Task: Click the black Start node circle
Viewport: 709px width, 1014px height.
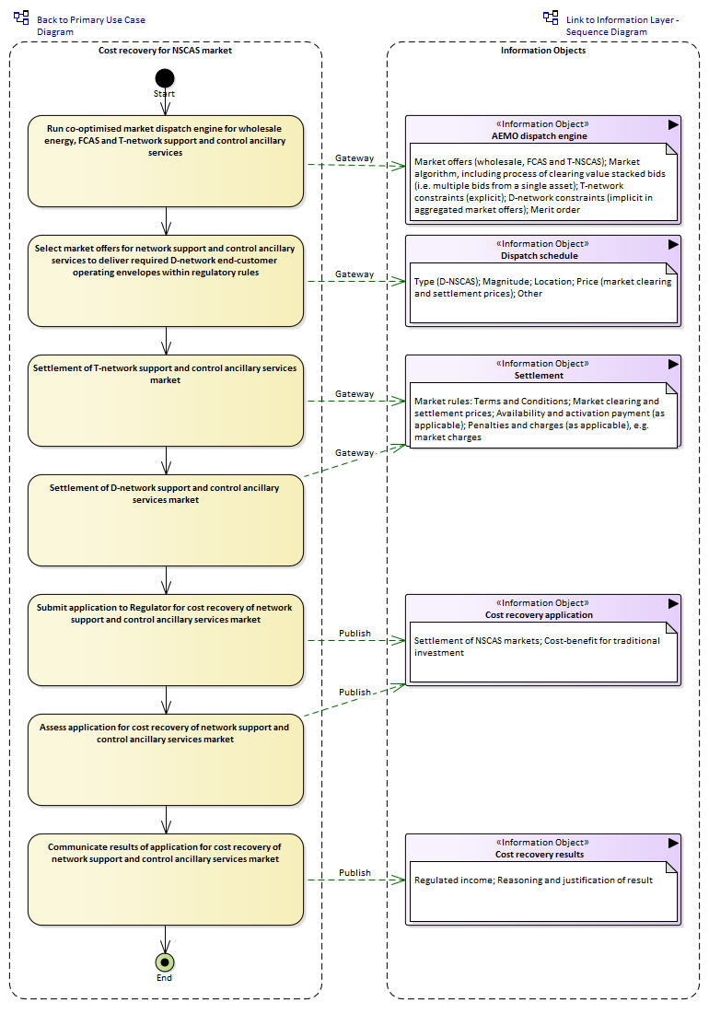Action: click(165, 78)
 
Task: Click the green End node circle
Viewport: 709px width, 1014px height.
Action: click(165, 962)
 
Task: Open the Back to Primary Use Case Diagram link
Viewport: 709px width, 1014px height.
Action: click(91, 26)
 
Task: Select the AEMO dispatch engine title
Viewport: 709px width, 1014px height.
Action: click(539, 135)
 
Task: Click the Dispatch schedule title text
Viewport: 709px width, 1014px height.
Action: click(539, 255)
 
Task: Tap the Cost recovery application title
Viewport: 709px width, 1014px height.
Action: click(539, 615)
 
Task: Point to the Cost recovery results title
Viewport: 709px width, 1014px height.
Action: click(539, 855)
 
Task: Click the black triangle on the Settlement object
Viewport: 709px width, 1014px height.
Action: click(673, 364)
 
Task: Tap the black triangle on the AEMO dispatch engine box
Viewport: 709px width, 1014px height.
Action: click(673, 125)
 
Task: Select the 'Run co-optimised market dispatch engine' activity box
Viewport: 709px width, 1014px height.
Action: click(166, 162)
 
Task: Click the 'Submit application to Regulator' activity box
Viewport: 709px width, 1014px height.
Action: click(166, 640)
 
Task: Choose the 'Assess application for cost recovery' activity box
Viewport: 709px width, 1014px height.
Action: click(166, 760)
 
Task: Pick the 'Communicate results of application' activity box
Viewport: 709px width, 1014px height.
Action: click(166, 880)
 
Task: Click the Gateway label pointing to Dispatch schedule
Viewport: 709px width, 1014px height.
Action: click(354, 274)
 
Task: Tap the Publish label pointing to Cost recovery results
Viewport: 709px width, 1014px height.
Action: click(354, 873)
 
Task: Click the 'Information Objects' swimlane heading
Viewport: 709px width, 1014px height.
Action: click(543, 51)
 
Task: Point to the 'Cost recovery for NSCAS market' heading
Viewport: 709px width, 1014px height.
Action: click(165, 51)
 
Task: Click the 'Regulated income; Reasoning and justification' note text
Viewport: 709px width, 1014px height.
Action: click(533, 880)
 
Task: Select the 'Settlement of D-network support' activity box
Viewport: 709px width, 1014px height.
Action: click(166, 520)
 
